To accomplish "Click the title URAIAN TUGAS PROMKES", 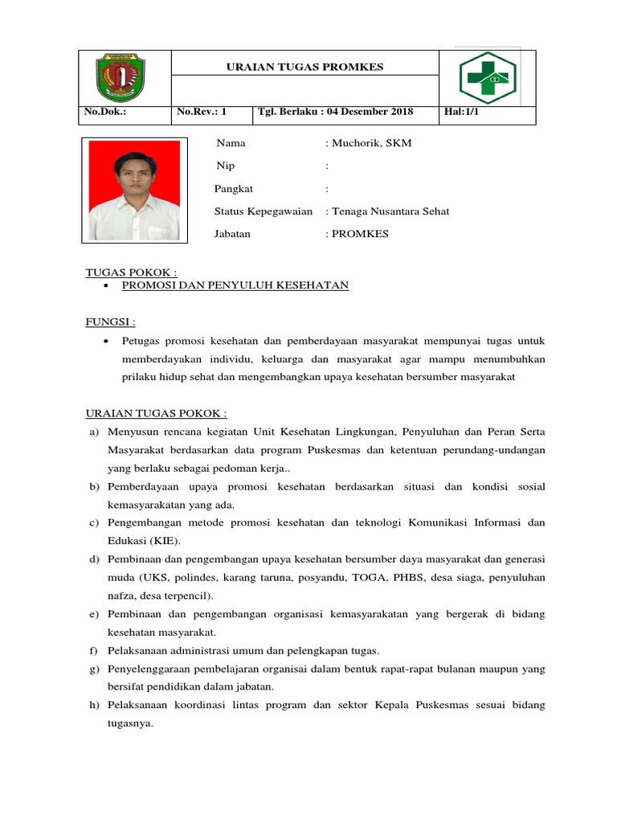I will pyautogui.click(x=304, y=67).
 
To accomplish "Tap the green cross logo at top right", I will pyautogui.click(x=487, y=78).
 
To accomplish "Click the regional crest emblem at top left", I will pyautogui.click(x=125, y=78).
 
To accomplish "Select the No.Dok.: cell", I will pyautogui.click(x=106, y=113).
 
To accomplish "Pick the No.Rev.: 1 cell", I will pyautogui.click(x=201, y=113).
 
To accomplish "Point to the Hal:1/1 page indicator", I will pyautogui.click(x=461, y=113).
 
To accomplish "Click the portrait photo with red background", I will pyautogui.click(x=135, y=190).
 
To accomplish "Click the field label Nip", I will pyautogui.click(x=226, y=166).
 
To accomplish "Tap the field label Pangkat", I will pyautogui.click(x=234, y=189).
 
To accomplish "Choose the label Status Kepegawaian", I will pyautogui.click(x=263, y=211).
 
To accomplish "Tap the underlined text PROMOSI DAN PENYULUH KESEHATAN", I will pyautogui.click(x=235, y=285).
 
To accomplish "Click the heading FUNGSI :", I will pyautogui.click(x=111, y=322).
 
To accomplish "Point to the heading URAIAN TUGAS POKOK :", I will pyautogui.click(x=157, y=413).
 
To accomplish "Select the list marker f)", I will pyautogui.click(x=93, y=650).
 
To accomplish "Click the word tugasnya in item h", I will pyautogui.click(x=129, y=723).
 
